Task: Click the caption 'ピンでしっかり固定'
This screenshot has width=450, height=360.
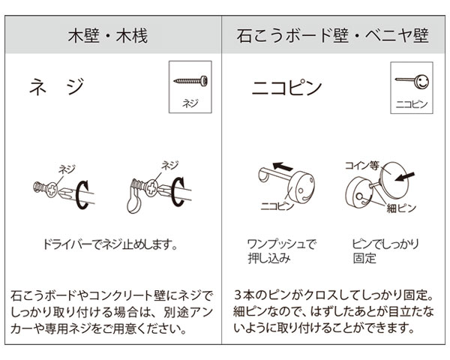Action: pyautogui.click(x=385, y=251)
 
